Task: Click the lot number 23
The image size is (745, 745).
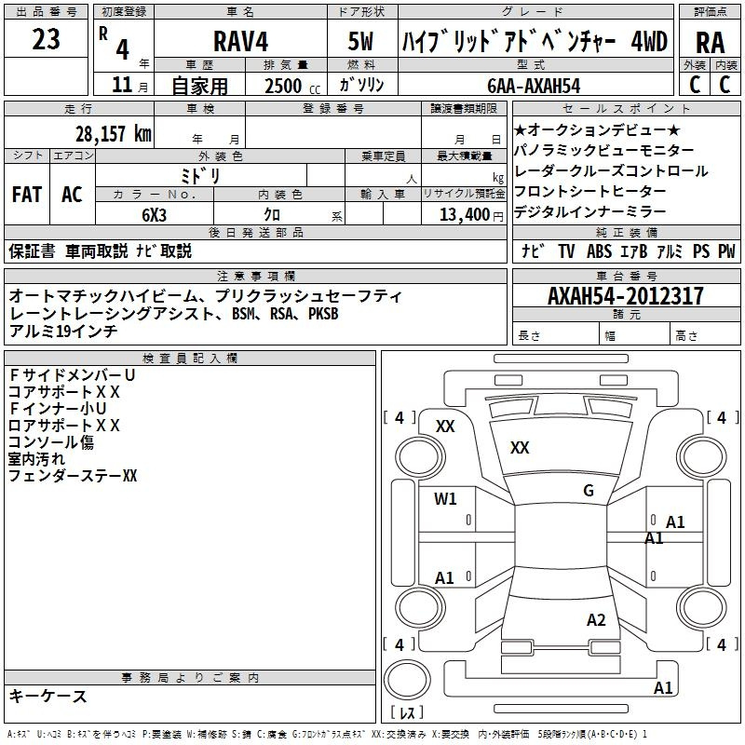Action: (46, 39)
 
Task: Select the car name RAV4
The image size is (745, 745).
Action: (241, 41)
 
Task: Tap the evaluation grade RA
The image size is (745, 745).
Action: (710, 43)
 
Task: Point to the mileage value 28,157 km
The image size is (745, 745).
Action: (113, 134)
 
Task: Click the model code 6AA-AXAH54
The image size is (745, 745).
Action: (534, 86)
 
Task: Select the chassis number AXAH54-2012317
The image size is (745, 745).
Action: (625, 295)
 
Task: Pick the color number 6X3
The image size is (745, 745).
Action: (155, 215)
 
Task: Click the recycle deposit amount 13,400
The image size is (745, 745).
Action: (464, 214)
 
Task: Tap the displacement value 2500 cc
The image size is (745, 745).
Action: (292, 86)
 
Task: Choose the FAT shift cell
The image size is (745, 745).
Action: (27, 194)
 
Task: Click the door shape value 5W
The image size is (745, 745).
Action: (360, 41)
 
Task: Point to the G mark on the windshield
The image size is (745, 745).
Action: (589, 490)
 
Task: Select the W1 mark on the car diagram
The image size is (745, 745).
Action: (445, 498)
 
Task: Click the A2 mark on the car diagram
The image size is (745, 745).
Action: (596, 619)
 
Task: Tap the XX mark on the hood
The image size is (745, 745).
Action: (520, 447)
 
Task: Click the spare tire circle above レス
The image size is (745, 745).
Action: (407, 680)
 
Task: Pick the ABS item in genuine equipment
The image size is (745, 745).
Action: (599, 251)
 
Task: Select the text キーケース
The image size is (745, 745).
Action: (48, 696)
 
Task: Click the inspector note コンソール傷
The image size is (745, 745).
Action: (51, 441)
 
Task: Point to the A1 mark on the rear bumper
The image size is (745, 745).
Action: (663, 687)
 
